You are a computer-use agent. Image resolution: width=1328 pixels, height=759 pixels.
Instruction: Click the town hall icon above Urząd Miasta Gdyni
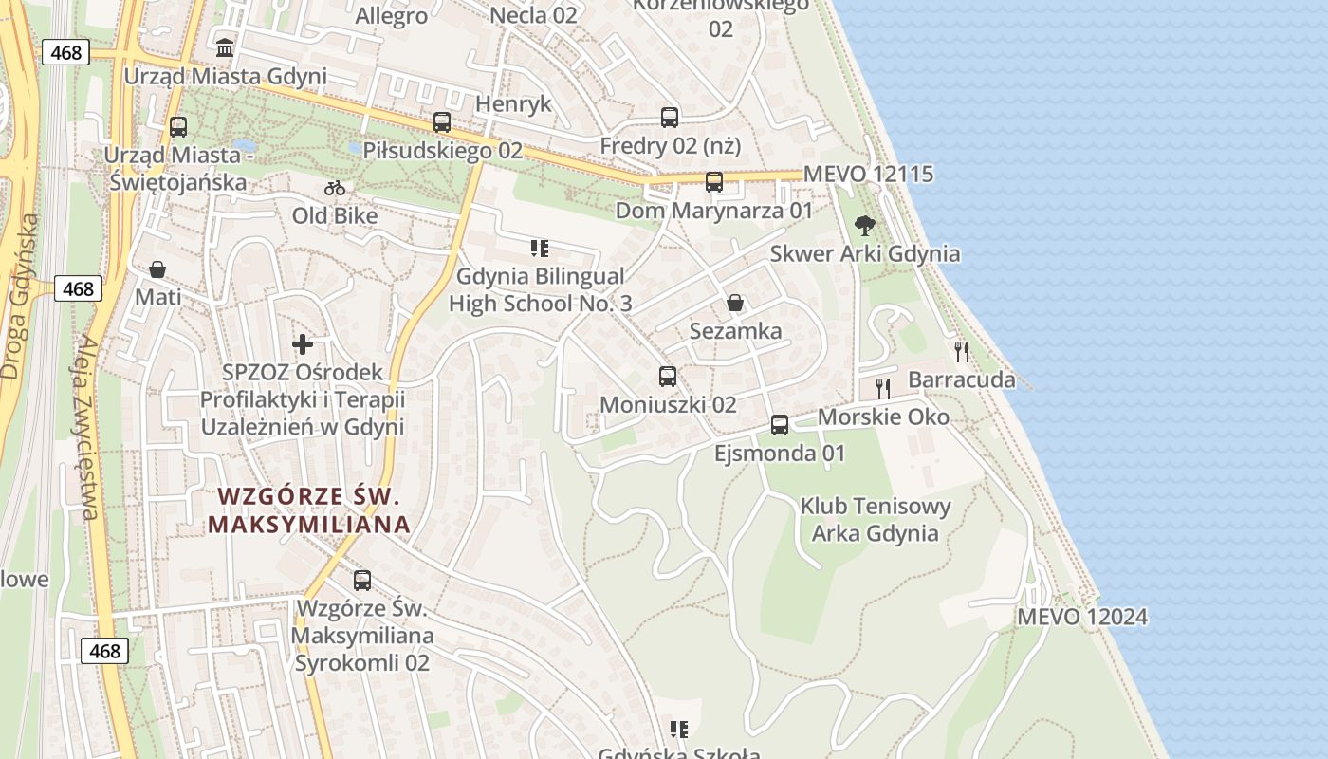point(225,46)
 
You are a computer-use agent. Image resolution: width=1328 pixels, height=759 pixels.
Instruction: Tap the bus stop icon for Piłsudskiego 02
point(442,121)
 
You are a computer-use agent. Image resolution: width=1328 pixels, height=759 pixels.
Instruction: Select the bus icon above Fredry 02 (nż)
point(670,118)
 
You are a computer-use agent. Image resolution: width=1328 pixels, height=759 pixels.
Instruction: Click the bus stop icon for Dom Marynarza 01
point(714,181)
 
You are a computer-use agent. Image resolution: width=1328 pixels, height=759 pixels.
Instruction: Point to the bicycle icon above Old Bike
point(335,188)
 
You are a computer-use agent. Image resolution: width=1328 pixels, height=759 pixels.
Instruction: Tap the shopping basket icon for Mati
point(157,269)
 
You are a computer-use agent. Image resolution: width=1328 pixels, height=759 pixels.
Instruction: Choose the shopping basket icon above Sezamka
point(735,303)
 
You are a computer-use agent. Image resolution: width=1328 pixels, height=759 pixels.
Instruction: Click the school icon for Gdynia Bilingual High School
point(540,249)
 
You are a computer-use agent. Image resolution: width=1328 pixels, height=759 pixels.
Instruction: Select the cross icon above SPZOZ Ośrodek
point(303,343)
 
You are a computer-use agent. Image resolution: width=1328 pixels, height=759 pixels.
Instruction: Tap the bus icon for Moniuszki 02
point(668,377)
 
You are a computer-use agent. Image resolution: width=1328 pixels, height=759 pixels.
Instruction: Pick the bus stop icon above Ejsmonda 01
point(780,424)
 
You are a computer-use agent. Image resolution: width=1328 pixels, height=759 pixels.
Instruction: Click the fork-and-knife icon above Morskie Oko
point(883,388)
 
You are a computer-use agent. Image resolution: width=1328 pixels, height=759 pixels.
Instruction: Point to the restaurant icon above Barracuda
point(962,352)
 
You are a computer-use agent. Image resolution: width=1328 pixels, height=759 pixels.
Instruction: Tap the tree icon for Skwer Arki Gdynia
point(864,226)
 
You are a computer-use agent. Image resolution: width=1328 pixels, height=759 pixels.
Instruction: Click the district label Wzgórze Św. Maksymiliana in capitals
point(309,509)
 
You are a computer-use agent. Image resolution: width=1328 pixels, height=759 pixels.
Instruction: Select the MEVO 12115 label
point(868,175)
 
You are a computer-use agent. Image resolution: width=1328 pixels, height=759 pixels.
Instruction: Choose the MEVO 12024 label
point(1082,617)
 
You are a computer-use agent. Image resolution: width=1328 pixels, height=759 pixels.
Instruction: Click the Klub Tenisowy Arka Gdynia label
point(875,519)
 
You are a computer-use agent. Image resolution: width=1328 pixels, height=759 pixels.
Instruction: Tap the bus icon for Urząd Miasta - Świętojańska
point(178,127)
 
